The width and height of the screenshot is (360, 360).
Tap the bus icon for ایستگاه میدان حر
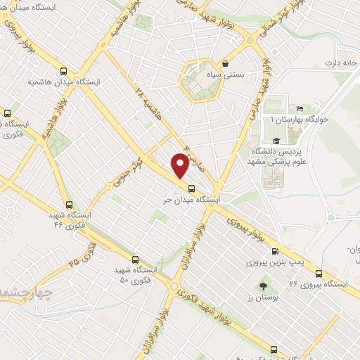tap(191, 187)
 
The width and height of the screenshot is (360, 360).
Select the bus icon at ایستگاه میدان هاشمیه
tap(64, 71)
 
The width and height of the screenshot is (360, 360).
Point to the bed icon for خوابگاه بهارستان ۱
tap(300, 108)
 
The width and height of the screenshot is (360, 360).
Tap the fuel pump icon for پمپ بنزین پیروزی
tap(274, 251)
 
